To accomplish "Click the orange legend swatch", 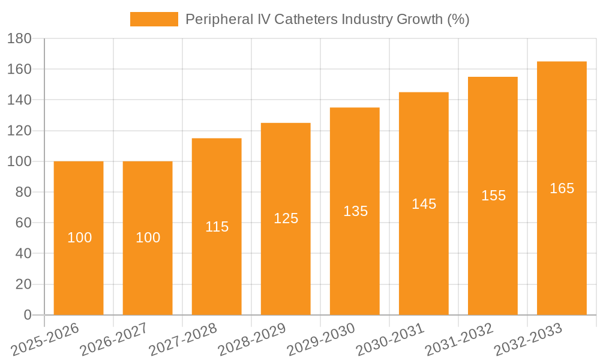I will point(154,19).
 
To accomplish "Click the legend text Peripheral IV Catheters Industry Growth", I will point(327,19).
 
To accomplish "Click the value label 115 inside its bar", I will point(217,227).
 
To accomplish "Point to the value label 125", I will point(286,218).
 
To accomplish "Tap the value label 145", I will point(424,204).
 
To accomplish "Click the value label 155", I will point(493,196).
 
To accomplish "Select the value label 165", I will point(562,188).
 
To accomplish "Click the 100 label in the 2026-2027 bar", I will point(148,238).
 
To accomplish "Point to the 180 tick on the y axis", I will point(19,39).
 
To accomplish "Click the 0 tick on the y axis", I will point(27,315).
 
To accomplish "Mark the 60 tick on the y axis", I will point(23,223).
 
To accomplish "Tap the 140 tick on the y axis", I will point(19,100).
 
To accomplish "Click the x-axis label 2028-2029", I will point(252,340).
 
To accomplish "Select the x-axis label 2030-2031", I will point(390,340).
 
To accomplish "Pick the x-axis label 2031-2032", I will point(459,340).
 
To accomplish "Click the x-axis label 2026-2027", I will point(114,340).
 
